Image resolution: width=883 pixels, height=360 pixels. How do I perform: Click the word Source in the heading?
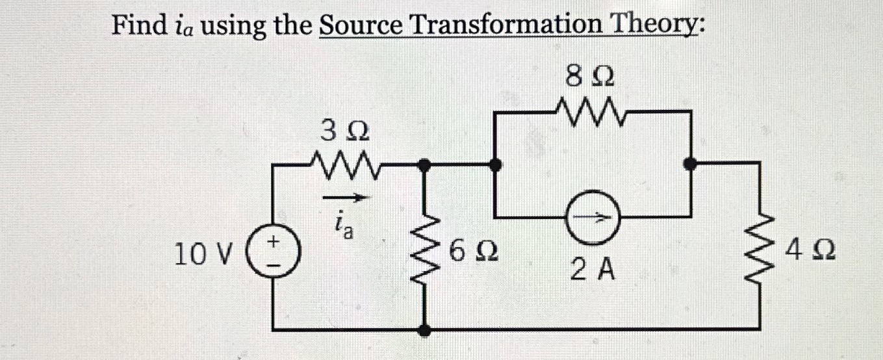[361, 27]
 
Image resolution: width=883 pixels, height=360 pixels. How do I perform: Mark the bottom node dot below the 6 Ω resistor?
[425, 330]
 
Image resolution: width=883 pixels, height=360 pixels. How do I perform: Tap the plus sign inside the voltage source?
[274, 242]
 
